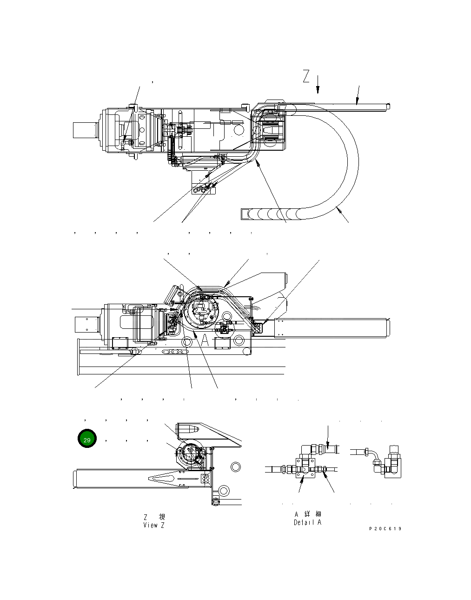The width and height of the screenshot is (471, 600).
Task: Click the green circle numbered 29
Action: pos(87,439)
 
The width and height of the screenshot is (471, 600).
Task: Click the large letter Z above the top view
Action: pos(306,76)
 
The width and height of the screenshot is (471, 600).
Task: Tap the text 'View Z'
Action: pos(154,525)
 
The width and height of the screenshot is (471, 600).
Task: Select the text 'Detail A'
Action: pos(308,522)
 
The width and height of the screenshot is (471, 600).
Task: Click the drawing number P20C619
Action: pos(385,529)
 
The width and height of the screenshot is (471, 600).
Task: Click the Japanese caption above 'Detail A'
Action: pos(308,514)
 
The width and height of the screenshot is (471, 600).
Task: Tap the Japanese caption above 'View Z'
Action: pos(154,517)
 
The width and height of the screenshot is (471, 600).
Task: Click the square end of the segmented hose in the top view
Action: pos(245,214)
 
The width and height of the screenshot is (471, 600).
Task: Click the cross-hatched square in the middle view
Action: pos(257,328)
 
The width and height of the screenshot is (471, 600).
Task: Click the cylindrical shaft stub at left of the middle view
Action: pos(86,324)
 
